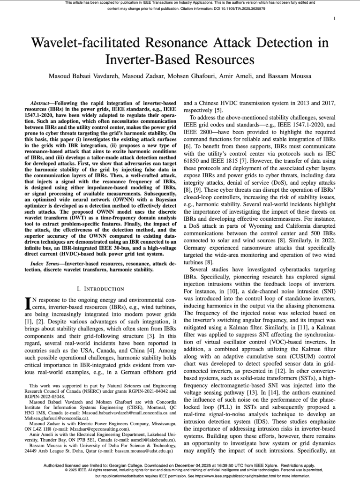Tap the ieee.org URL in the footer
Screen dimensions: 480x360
(x=232, y=475)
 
